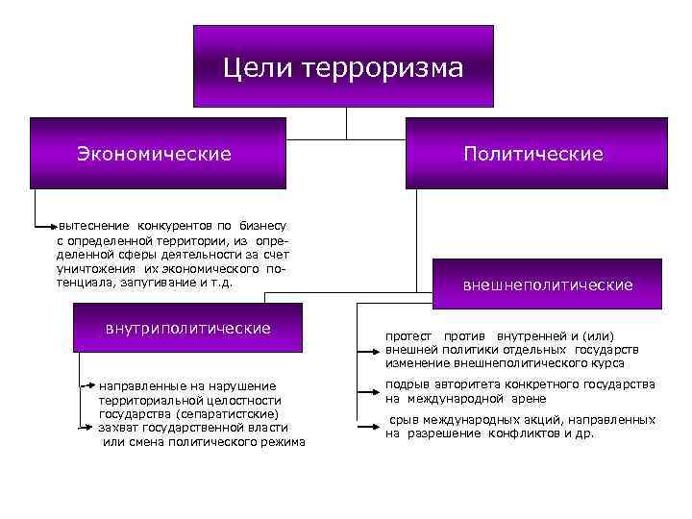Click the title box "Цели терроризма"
point(343,66)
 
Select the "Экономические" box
point(158,153)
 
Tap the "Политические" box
point(535,153)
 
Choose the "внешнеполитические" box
point(548,285)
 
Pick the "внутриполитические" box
point(188,329)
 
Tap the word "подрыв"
point(408,384)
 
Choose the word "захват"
point(117,427)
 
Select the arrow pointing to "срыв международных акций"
point(369,426)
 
